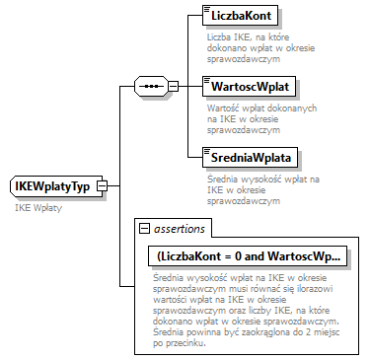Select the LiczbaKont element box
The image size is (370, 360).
[x=240, y=17]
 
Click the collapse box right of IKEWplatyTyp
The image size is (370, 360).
[x=101, y=186]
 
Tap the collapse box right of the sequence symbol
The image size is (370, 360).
[x=174, y=86]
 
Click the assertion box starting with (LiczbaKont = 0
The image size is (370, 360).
[x=248, y=256]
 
